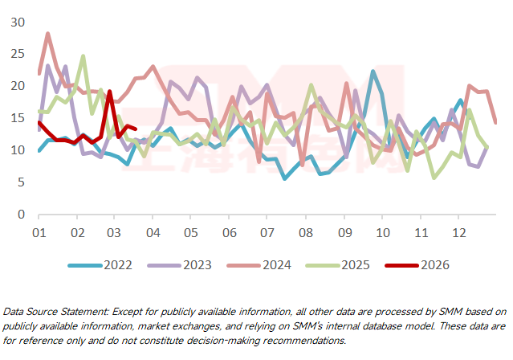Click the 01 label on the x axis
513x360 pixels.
click(39, 232)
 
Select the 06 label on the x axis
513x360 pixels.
click(230, 232)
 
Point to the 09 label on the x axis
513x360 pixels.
click(344, 232)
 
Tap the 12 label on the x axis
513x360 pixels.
click(459, 232)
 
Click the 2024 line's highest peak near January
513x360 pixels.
click(48, 34)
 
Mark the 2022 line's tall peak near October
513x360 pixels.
click(373, 72)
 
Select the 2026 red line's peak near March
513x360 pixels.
click(109, 91)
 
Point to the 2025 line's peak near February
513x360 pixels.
click(83, 56)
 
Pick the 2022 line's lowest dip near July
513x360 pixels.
click(284, 178)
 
